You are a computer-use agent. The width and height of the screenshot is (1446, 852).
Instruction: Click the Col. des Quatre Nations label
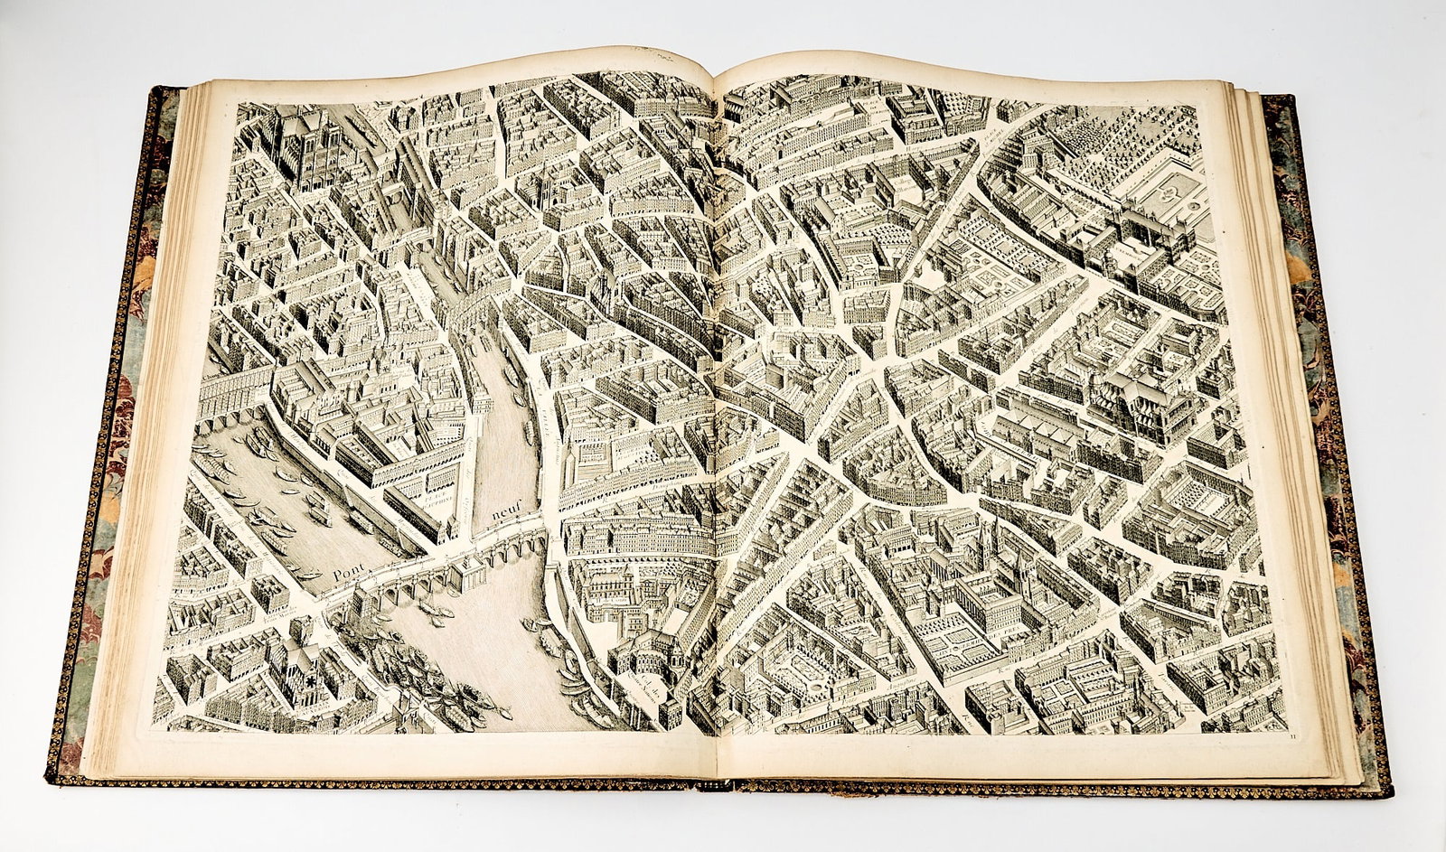[x=643, y=696]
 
